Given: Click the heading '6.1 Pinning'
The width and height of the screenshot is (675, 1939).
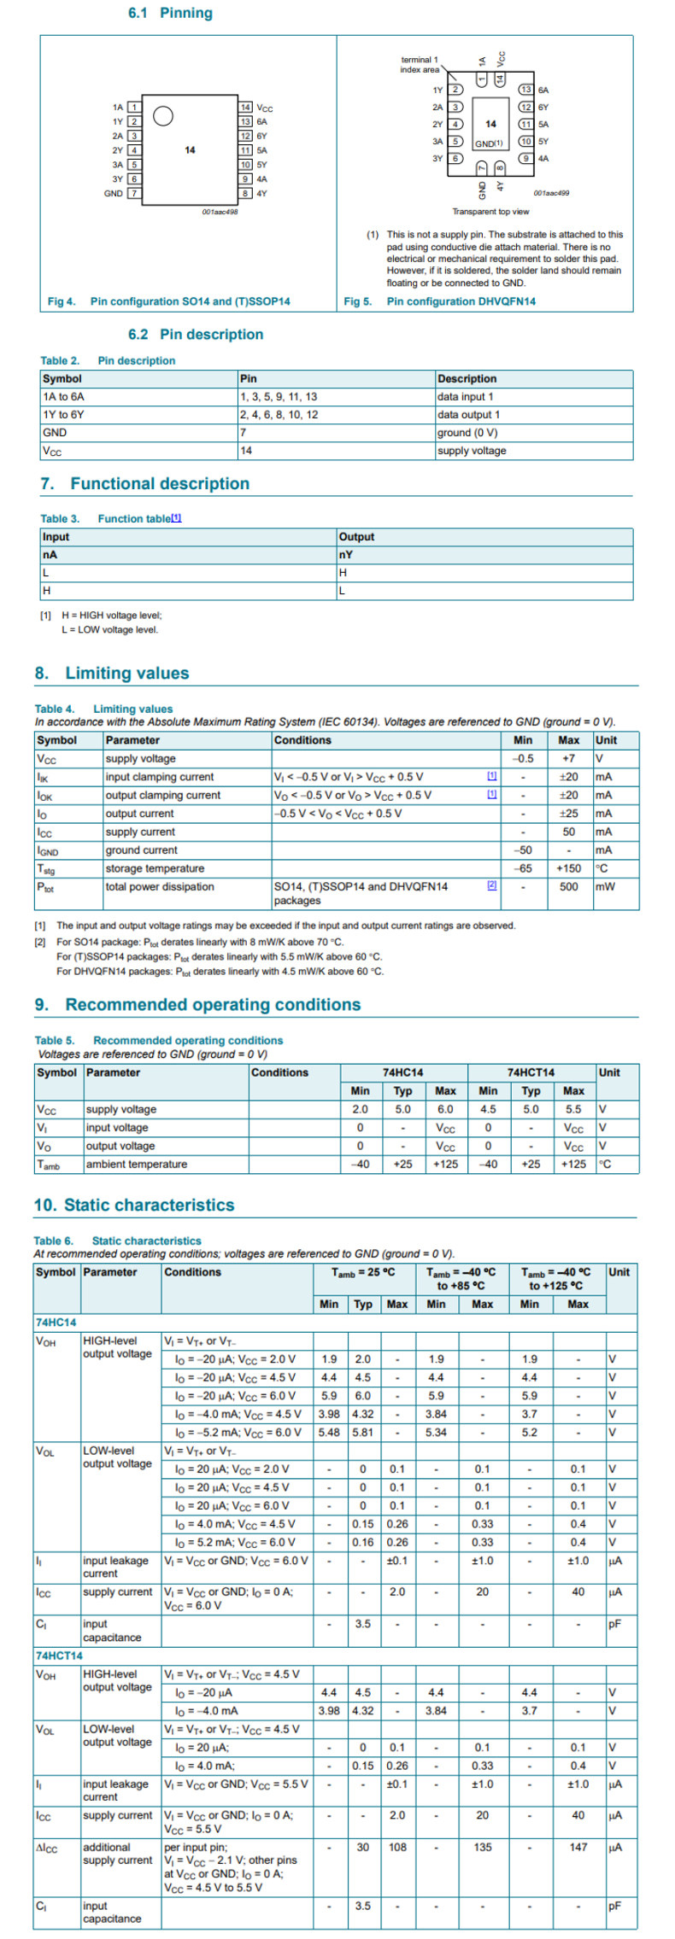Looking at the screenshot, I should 170,13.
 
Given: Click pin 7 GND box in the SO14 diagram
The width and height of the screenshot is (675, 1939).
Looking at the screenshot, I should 133,193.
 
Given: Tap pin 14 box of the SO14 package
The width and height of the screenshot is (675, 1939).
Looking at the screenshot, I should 245,108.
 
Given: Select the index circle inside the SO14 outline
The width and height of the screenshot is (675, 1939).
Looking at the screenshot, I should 163,116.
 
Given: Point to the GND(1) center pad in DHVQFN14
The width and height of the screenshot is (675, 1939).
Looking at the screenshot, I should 489,143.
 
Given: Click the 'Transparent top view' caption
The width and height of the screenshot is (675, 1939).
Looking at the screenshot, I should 490,211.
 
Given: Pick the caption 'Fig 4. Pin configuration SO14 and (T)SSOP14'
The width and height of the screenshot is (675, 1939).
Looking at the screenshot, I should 168,301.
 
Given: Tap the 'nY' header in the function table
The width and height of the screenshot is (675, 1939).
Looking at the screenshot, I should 346,555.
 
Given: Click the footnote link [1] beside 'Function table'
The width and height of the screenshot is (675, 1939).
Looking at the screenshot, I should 176,517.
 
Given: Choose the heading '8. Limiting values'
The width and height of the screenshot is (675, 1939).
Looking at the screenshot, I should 112,673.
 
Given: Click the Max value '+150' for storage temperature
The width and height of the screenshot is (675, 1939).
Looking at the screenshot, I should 568,868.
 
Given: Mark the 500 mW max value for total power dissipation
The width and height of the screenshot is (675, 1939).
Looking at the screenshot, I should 568,887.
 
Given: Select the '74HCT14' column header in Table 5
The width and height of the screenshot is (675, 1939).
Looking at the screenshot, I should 531,1072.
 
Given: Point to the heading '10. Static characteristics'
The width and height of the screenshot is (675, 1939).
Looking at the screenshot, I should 134,1205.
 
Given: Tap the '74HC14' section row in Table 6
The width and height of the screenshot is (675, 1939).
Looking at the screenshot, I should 56,1323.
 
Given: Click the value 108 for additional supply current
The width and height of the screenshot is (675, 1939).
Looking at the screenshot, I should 397,1847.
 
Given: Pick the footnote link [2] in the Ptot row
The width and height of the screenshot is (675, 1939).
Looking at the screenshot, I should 491,885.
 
